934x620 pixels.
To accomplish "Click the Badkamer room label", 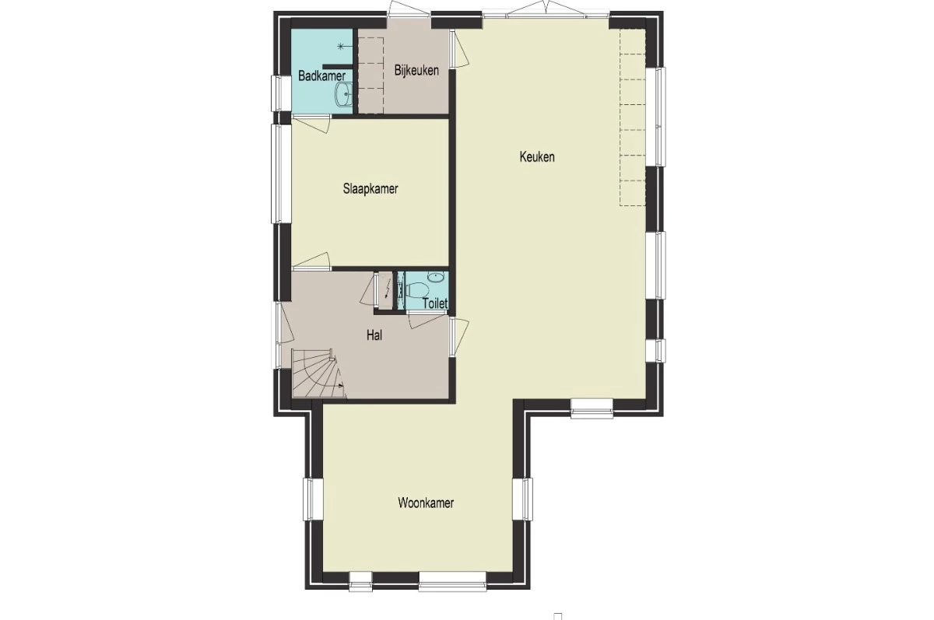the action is coord(322,75).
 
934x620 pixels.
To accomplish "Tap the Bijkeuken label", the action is coord(416,71).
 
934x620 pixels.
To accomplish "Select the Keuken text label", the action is coord(537,157).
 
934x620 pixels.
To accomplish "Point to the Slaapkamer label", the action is coord(370,189).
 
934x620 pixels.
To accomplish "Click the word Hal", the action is coord(374,335).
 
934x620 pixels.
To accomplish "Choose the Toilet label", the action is coord(435,303).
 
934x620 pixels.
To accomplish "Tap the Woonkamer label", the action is coord(426,503).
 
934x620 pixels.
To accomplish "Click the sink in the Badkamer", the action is coord(343,95).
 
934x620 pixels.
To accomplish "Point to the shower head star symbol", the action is coord(341,47).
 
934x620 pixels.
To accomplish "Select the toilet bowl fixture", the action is coord(416,290).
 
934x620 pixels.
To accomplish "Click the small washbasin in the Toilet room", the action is coord(436,276).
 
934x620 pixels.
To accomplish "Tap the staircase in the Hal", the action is coord(318,373).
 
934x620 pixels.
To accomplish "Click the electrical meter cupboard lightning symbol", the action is coord(388,289).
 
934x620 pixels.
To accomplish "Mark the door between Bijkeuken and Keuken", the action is coord(458,49).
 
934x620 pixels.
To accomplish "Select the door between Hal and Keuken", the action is coord(458,337).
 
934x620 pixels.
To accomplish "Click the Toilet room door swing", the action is coord(427,321).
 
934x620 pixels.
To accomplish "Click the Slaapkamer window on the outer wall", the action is coord(282,173).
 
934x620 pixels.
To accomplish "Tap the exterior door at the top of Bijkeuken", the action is coord(409,10).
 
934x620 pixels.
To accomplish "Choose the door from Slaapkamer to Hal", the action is coord(311,261).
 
